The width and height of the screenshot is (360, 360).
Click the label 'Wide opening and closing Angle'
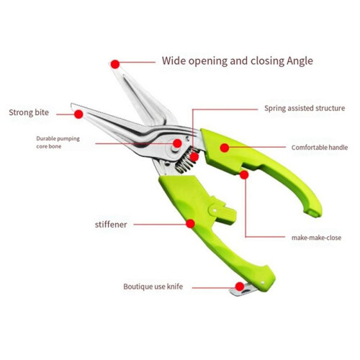tap(238, 61)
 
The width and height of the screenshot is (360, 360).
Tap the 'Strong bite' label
tap(29, 112)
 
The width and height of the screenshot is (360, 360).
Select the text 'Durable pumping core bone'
tap(58, 143)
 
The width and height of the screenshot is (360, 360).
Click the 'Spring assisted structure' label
tap(305, 108)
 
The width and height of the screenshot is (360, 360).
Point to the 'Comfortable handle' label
tap(320, 148)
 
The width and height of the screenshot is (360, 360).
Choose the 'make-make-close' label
tap(316, 238)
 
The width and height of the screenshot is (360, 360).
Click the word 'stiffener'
tap(111, 225)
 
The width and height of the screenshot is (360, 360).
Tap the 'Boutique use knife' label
tap(153, 287)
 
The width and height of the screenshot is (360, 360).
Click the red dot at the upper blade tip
tap(115, 64)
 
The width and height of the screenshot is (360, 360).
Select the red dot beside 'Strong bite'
tap(78, 114)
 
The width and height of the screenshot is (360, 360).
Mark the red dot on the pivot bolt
tap(177, 143)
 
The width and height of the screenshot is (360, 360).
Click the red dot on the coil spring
tap(194, 157)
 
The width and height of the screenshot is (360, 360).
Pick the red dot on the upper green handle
tap(225, 148)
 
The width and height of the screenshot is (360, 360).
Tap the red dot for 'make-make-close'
tap(244, 175)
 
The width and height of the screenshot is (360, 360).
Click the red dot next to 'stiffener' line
tap(190, 224)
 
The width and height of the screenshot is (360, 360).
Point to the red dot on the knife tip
tap(240, 287)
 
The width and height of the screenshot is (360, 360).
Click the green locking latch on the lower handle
tap(222, 210)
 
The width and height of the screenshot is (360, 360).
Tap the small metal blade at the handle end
tap(243, 289)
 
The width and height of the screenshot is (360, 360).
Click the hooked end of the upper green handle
tap(312, 211)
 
